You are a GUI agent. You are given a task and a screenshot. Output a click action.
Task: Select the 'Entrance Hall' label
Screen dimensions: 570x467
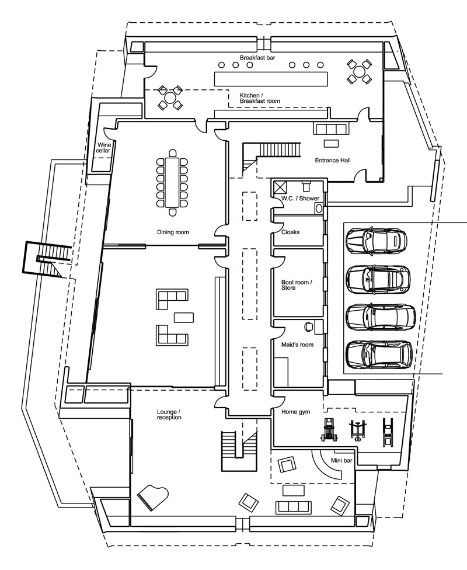332,160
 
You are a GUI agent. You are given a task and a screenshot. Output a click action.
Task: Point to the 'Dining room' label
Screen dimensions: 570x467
173,232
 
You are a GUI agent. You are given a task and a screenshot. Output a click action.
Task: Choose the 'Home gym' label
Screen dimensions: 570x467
295,412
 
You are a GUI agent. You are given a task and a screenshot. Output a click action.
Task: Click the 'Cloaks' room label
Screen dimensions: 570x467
290,232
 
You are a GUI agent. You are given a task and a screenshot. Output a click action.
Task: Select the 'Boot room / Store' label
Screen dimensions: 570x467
297,285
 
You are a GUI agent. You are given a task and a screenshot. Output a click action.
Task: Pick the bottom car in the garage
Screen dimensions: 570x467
379,354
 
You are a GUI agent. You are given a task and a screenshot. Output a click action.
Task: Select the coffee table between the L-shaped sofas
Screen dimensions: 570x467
184,317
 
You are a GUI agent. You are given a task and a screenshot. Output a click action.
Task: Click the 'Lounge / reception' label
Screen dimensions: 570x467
169,415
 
